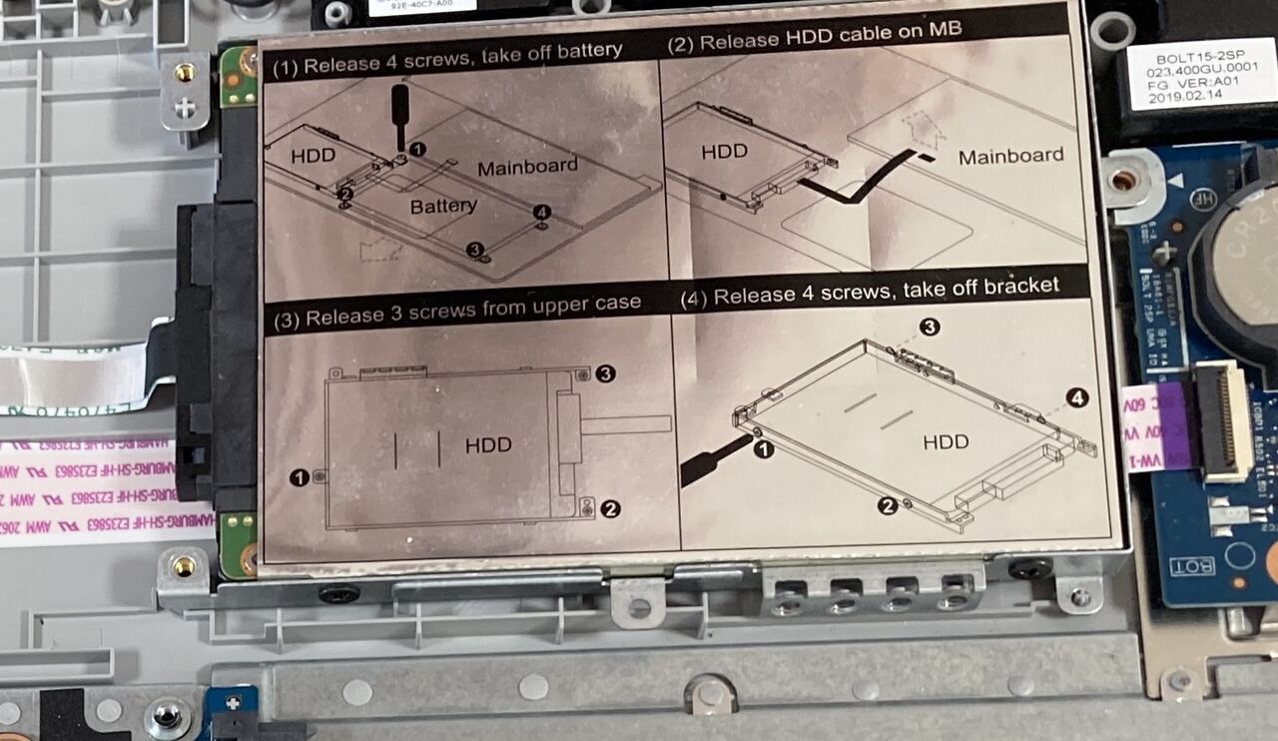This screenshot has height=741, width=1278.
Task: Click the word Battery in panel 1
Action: point(443,206)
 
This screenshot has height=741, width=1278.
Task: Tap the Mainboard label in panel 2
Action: point(1010,156)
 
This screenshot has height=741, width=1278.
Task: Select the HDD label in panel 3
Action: point(488,445)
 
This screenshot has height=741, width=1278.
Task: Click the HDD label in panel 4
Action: point(946,440)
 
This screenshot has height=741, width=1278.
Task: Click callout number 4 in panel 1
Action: point(541,213)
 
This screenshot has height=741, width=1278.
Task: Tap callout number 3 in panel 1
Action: point(475,249)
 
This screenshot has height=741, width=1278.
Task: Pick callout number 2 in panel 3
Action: point(610,509)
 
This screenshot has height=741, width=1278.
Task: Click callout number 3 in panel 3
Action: point(605,373)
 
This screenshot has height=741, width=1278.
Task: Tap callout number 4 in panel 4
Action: point(1075,397)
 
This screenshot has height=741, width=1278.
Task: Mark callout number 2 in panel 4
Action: point(887,506)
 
